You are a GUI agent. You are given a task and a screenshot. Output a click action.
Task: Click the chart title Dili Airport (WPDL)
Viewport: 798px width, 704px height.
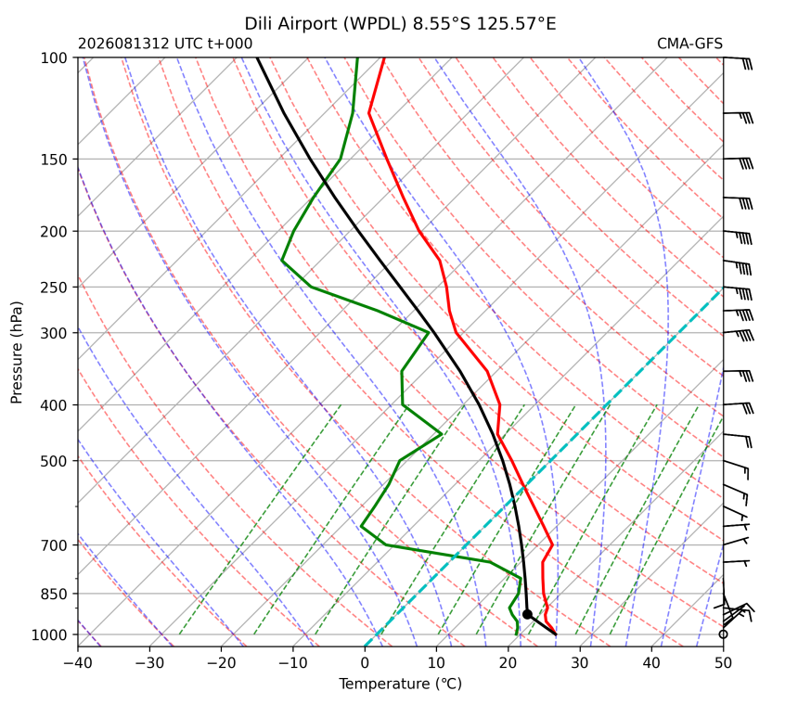point(326,24)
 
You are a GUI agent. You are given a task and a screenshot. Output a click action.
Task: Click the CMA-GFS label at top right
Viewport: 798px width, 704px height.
point(689,44)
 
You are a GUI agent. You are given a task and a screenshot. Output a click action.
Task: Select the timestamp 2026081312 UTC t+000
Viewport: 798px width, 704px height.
point(165,44)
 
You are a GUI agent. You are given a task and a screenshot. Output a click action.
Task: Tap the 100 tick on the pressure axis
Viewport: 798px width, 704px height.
point(54,58)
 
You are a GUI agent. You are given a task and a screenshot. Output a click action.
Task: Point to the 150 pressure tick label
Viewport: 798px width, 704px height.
point(54,160)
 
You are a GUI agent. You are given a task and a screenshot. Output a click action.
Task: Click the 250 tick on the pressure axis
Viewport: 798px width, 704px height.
point(54,288)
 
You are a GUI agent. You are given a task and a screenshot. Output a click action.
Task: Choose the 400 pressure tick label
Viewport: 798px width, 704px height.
point(54,405)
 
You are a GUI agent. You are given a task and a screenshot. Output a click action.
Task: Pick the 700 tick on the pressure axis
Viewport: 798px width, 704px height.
point(54,545)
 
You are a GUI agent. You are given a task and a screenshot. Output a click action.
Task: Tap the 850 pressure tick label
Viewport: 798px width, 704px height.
point(54,595)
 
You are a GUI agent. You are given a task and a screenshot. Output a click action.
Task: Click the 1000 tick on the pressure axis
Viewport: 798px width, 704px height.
point(50,635)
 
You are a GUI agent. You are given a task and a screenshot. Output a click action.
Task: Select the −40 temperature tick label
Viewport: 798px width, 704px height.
point(78,663)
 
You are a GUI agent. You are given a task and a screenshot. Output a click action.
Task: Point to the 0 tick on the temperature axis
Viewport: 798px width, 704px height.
point(365,663)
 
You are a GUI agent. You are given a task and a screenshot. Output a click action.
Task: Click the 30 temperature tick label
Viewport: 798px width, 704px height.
point(580,663)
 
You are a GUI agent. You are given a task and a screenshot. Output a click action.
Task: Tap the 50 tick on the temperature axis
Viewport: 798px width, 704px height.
point(723,663)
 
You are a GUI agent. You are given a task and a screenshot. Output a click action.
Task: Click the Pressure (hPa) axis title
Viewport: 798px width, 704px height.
point(17,352)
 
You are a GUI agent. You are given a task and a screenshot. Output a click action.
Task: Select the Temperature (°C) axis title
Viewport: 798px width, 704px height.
point(401,685)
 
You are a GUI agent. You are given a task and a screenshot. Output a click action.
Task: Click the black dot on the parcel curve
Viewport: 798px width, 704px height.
point(527,614)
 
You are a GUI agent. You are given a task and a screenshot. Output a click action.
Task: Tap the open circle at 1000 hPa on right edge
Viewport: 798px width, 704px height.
point(723,634)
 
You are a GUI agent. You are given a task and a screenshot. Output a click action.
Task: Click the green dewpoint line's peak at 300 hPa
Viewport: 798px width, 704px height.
point(429,333)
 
